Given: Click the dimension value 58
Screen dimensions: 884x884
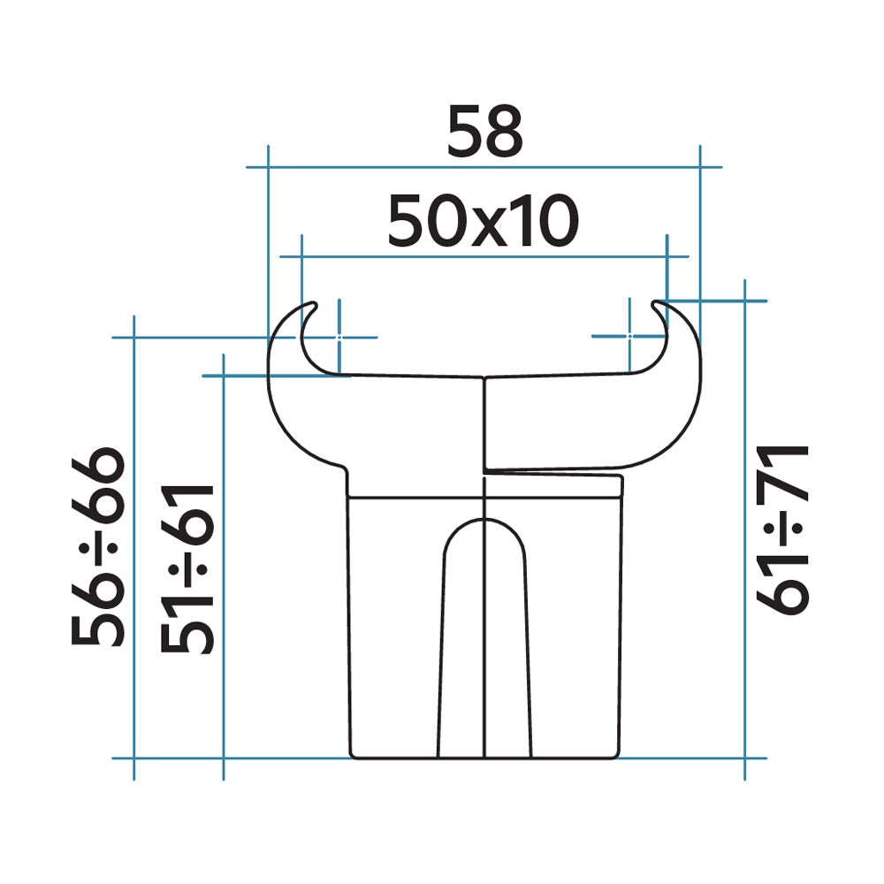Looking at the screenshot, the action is [484, 132].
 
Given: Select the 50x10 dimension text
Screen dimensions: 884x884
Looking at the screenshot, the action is [484, 221].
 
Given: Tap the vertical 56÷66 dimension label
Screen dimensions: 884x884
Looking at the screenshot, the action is [97, 546].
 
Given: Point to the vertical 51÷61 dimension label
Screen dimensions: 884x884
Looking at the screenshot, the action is [187, 568].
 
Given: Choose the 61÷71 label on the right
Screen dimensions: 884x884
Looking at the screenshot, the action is [782, 530].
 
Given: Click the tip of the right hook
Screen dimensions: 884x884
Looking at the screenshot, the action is [656, 304].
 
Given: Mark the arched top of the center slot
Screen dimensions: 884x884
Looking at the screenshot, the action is [484, 520].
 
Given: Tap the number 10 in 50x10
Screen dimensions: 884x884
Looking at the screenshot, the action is [545, 221].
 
